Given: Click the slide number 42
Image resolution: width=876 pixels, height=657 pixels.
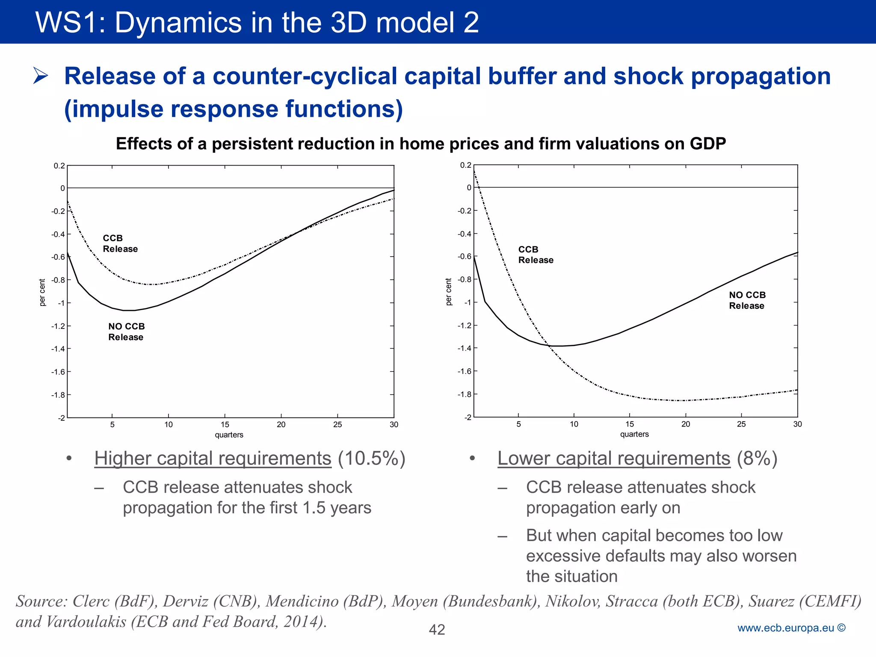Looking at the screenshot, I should pos(437,630).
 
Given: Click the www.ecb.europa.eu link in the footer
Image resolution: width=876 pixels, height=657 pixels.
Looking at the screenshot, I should pos(785,628).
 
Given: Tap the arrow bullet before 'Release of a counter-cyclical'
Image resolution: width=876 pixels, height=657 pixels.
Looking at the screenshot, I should pos(41,76).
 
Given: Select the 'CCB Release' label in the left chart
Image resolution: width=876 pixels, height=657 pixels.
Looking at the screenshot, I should pos(120,243).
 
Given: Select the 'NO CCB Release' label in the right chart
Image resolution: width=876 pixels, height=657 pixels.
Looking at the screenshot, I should pos(747,300).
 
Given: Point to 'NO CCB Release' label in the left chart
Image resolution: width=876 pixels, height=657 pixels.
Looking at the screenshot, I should pos(126,331).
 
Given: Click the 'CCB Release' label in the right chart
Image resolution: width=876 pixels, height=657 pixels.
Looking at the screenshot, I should pos(536,255).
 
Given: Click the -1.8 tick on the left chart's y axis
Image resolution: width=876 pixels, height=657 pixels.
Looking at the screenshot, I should pos(58,395).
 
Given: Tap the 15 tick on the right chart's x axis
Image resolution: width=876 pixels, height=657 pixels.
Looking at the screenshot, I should pos(630,424).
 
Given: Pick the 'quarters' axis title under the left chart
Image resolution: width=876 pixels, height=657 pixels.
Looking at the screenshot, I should pos(229,435).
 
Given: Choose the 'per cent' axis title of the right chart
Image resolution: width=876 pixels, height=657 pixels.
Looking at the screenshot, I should pos(448,292).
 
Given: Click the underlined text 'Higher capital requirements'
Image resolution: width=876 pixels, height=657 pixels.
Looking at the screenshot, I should pos(213,459).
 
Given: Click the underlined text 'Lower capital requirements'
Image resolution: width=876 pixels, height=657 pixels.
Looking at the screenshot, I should pos(613,459).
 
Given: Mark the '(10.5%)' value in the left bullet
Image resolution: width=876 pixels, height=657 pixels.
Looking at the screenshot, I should pos(371,459).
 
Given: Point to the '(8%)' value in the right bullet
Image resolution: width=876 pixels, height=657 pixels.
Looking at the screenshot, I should pos(757,459).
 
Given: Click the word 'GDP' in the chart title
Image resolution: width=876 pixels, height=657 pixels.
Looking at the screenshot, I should pos(707,144).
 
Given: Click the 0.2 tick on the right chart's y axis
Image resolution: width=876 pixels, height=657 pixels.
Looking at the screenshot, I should pos(465,165).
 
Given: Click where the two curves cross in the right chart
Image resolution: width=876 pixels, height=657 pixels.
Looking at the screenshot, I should pos(548,346).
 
